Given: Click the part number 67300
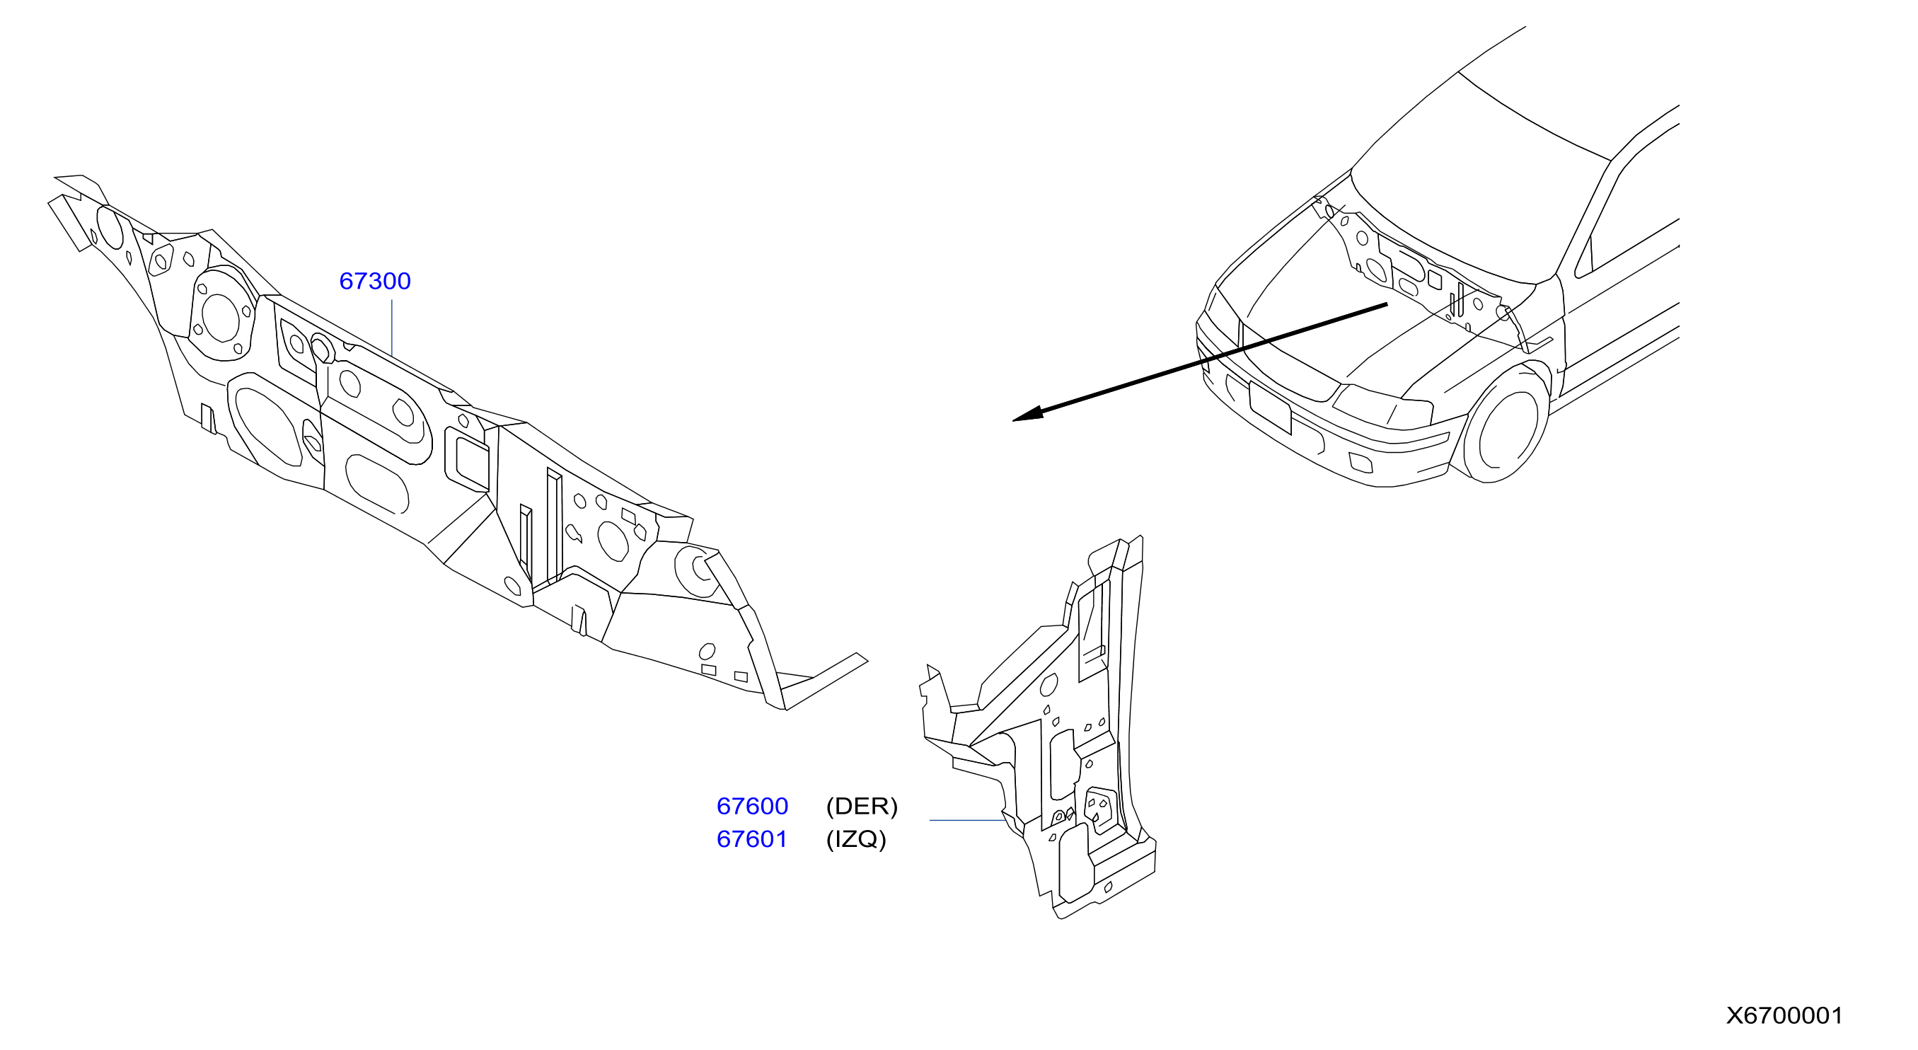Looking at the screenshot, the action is (x=374, y=282).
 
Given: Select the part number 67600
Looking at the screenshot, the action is (x=752, y=807).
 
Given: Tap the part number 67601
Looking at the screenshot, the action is (x=752, y=839).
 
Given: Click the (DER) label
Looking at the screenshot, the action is (x=862, y=807).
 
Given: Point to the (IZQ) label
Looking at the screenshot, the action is (x=856, y=839).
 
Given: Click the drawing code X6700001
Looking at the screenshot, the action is (x=1785, y=1016).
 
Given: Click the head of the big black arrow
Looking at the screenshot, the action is (x=1027, y=415).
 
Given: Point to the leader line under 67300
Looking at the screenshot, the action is (x=392, y=328).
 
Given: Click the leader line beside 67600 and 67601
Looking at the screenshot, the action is (x=967, y=820).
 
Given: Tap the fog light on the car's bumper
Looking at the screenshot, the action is (x=1360, y=463).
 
